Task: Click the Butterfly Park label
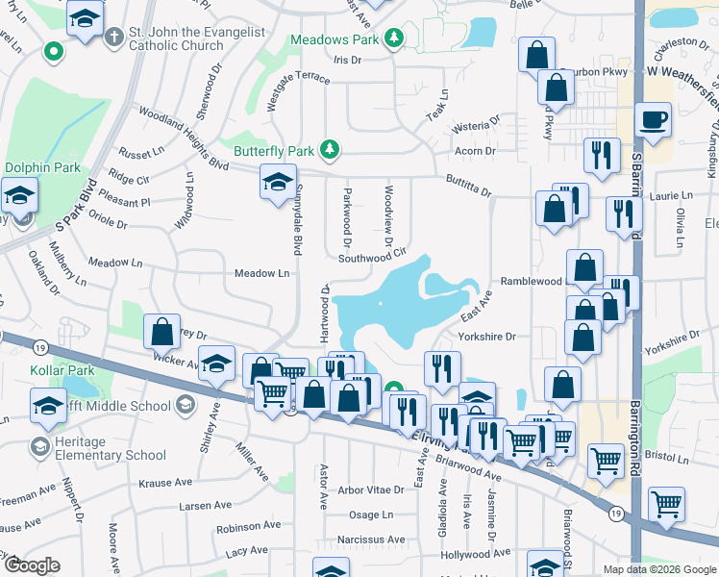[x=274, y=151]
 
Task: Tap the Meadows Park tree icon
[x=393, y=38]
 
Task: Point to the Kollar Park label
[x=35, y=370]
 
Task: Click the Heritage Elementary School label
[x=98, y=448]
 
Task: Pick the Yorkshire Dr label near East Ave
[x=487, y=337]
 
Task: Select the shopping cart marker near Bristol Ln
[x=606, y=461]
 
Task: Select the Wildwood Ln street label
[x=183, y=200]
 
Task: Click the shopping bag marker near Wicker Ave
[x=162, y=331]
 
